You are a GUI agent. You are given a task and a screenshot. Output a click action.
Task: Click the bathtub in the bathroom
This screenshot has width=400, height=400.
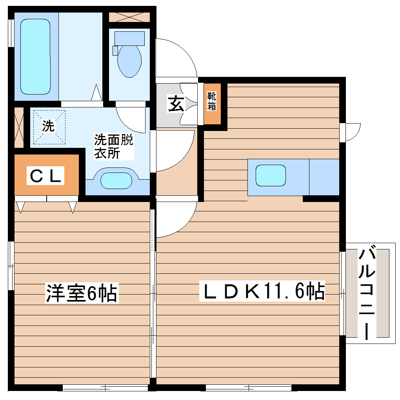(35, 57)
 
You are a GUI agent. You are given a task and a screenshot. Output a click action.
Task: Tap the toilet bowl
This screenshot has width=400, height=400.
(129, 61)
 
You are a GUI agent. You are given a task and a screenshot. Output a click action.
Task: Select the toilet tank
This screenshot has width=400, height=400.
(129, 38)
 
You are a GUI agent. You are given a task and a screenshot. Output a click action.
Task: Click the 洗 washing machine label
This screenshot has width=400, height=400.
(48, 126)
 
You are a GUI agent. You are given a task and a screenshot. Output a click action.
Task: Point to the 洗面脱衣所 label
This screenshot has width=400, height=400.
(113, 146)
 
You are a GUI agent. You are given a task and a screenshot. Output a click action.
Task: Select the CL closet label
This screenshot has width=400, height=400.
(46, 176)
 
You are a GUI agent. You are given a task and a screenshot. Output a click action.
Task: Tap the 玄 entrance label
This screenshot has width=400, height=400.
(176, 104)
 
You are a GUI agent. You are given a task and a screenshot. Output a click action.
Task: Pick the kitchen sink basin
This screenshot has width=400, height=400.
(271, 175)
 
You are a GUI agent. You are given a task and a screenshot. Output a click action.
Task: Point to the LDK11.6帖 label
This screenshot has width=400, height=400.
(262, 291)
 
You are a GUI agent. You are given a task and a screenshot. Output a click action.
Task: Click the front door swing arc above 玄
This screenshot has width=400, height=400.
(176, 57)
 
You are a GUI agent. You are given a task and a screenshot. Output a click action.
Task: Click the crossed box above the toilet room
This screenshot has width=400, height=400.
(129, 17)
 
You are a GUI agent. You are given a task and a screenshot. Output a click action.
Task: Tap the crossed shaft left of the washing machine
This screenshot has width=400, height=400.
(19, 127)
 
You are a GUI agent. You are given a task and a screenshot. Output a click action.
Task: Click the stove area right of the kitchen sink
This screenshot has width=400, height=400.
(324, 177)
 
